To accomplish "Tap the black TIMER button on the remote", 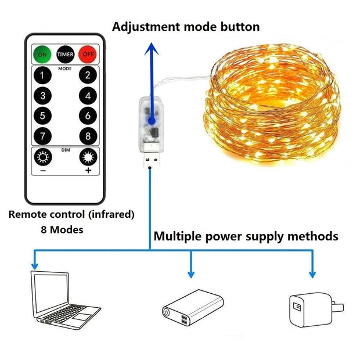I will (64, 55).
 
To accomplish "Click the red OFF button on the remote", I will (87, 55).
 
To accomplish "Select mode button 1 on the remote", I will (41, 75).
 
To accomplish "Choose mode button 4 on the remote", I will (88, 96).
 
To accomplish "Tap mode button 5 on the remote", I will (41, 116).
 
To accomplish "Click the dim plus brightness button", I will (88, 158).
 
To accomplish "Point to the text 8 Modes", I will (62, 229).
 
